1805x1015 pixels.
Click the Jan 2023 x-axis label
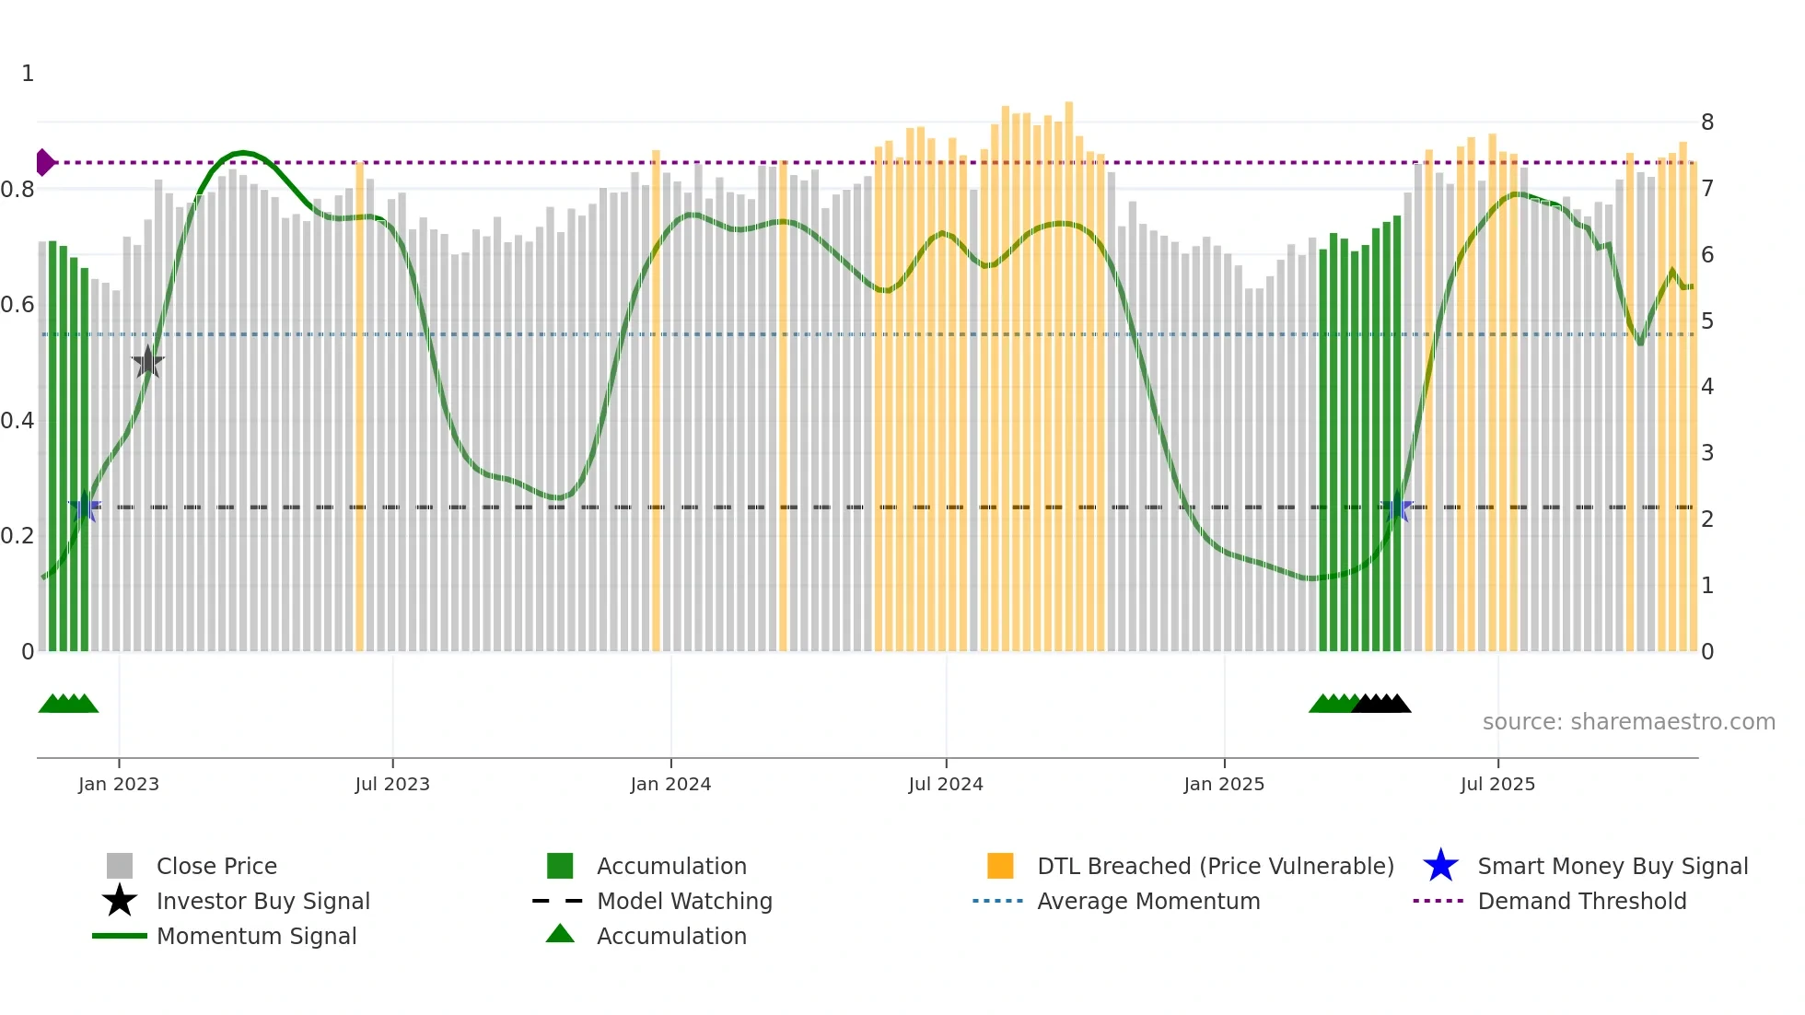tap(118, 784)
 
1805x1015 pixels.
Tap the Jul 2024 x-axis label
tap(946, 784)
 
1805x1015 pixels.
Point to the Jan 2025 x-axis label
tap(1224, 784)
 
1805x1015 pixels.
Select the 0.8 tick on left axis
tap(18, 190)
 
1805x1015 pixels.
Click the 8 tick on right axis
tap(1707, 122)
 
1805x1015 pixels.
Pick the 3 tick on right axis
tap(1707, 453)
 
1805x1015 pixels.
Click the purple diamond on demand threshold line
tap(44, 162)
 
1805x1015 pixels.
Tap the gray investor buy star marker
tap(147, 362)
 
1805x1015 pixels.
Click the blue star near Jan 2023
tap(85, 507)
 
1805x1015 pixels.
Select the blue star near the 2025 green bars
tap(1397, 507)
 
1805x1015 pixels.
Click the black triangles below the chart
tap(1381, 704)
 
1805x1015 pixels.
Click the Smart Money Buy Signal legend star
tap(1440, 866)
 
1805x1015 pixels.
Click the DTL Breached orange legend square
tap(1000, 866)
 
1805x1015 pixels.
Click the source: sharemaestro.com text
tap(1628, 722)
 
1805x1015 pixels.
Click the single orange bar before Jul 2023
tap(360, 405)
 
